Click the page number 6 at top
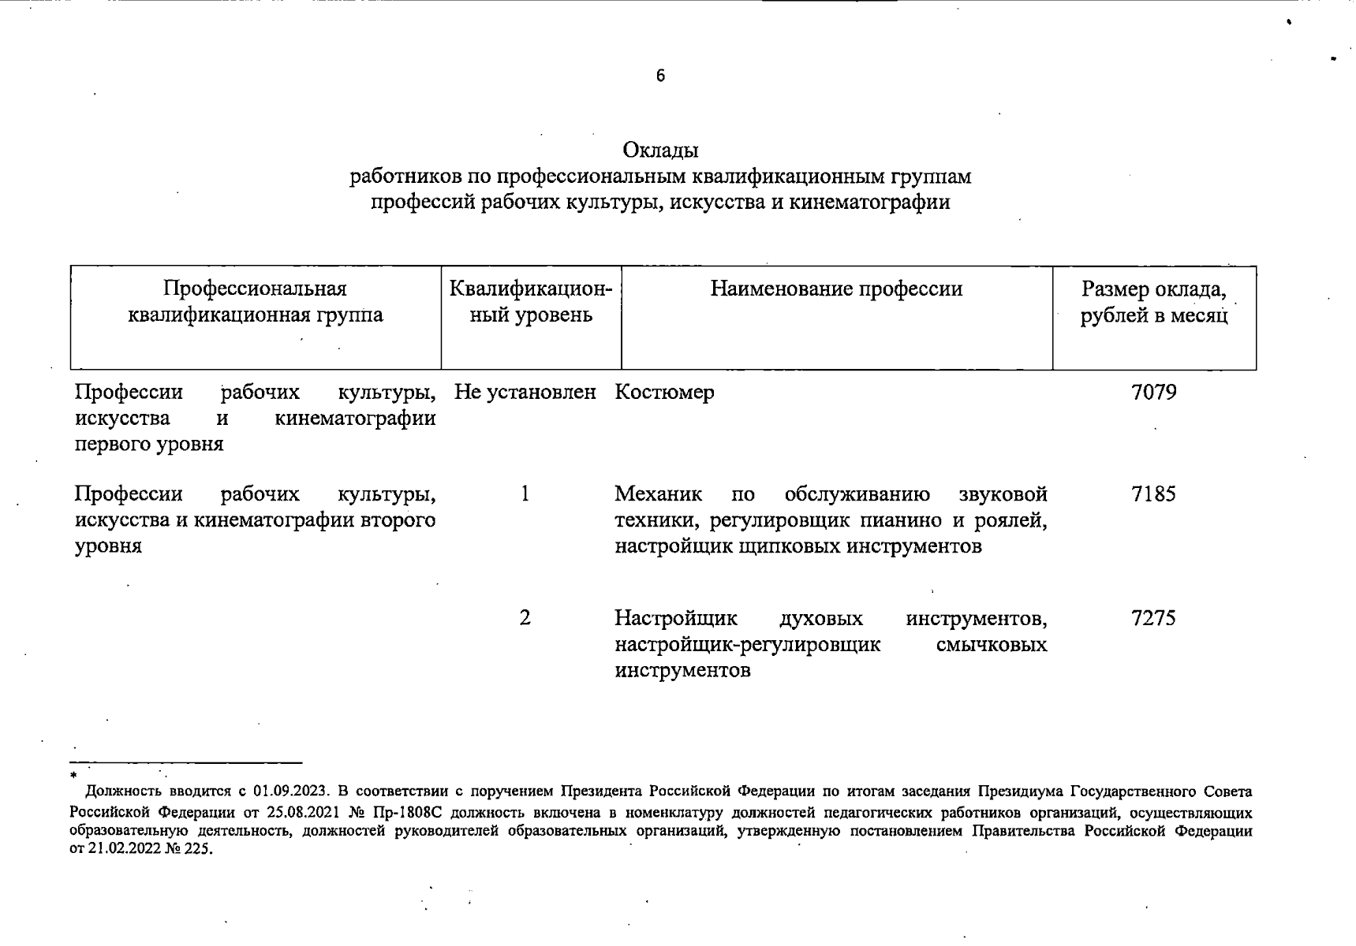(x=660, y=76)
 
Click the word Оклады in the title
(x=660, y=150)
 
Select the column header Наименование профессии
(x=836, y=289)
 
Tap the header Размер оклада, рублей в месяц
(x=1153, y=303)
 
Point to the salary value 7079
(x=1153, y=392)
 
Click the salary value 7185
(x=1153, y=494)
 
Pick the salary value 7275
(x=1153, y=618)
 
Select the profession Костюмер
(x=664, y=392)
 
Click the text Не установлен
(x=525, y=392)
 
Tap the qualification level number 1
(x=525, y=494)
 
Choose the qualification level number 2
(x=525, y=618)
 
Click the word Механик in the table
(x=658, y=494)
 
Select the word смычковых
(x=992, y=645)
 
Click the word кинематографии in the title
(x=869, y=203)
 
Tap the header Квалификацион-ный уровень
(x=531, y=302)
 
